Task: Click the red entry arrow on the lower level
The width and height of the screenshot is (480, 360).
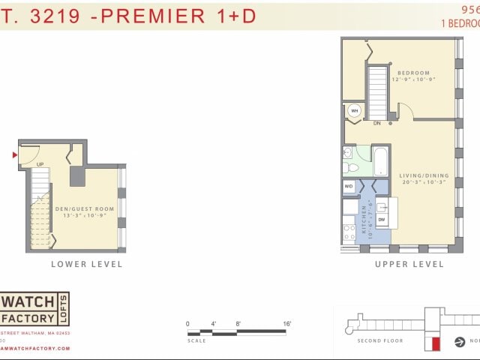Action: pos(14,155)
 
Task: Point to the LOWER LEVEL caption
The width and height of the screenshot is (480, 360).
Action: pos(86,264)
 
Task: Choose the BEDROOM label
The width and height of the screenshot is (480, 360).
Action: pos(413,75)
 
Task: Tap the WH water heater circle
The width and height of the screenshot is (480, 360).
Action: pos(354,111)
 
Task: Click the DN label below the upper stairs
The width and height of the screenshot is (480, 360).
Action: pos(376,124)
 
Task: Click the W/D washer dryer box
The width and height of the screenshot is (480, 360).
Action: pos(349,186)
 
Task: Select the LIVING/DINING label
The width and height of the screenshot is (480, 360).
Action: pos(424,178)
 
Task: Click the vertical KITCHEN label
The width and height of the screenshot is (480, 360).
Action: pos(364,218)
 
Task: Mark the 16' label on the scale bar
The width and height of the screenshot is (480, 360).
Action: pos(286,323)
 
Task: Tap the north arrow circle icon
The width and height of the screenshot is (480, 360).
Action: pos(460,342)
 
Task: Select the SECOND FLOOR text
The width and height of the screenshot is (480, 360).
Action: pos(379,340)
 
